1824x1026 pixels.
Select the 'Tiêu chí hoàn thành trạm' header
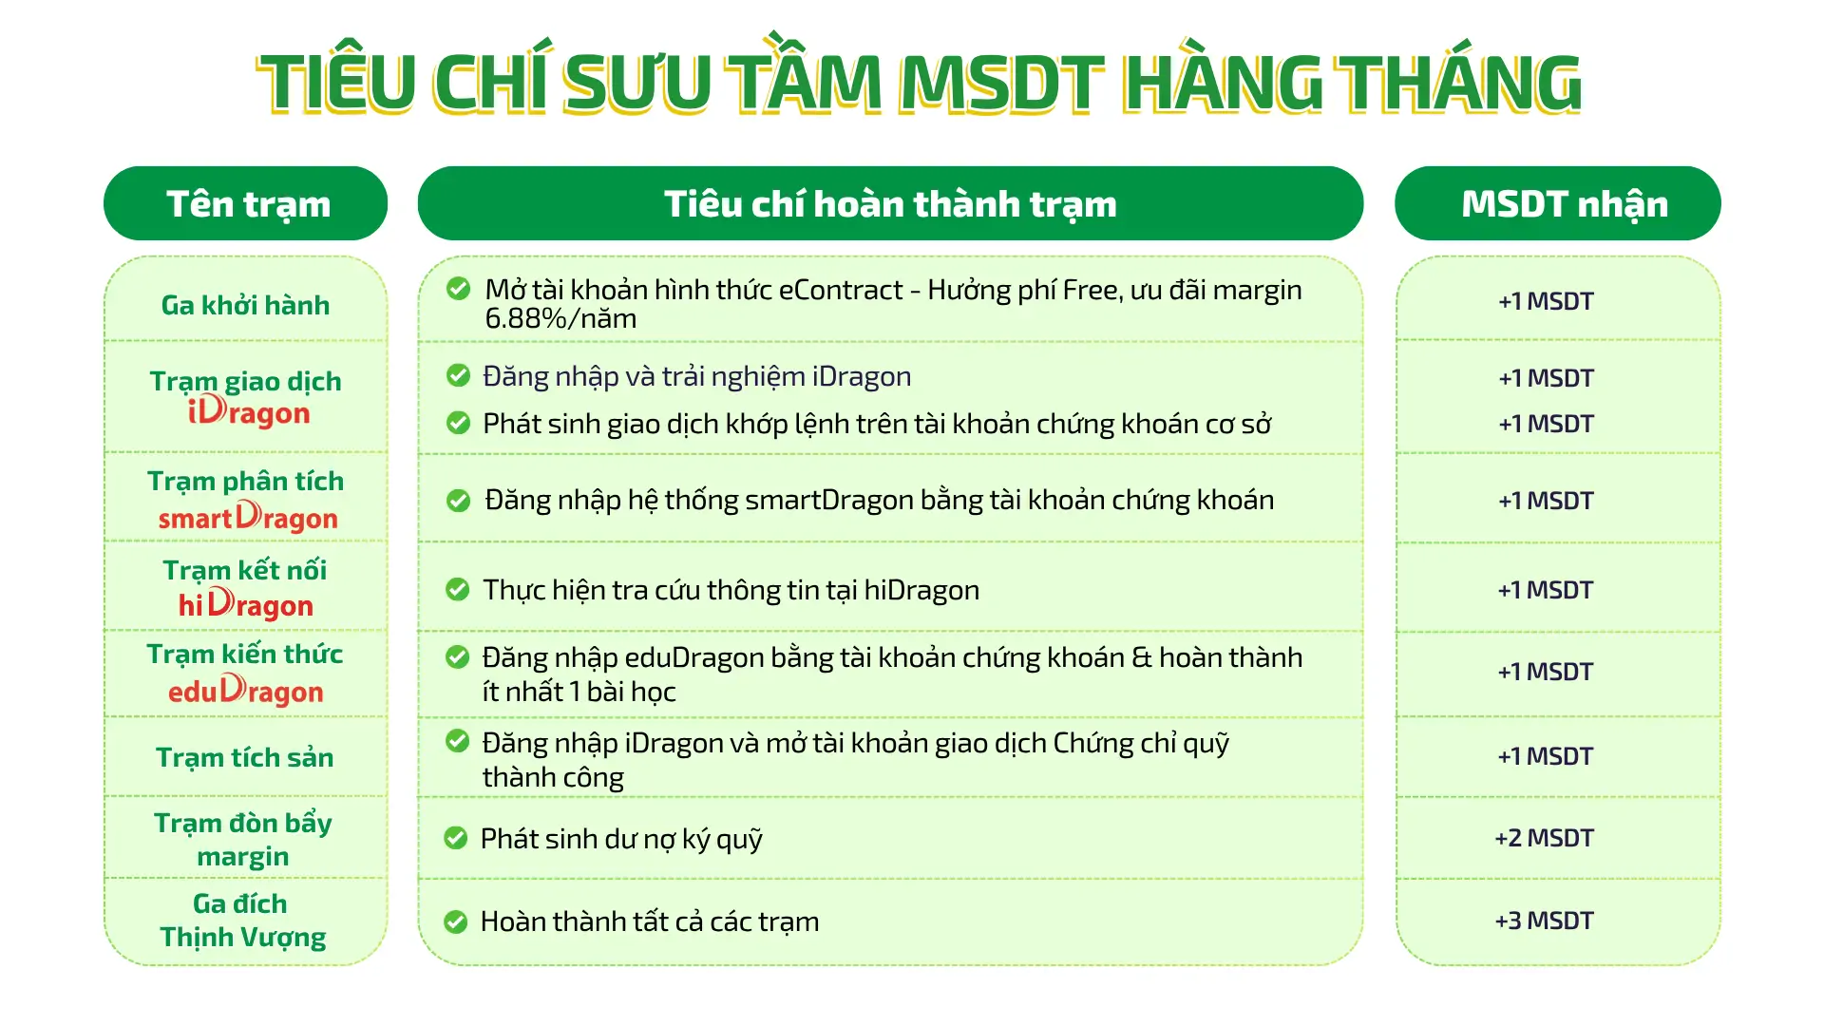pos(890,203)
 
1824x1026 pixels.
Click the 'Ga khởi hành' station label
pos(245,305)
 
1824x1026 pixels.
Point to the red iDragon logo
pos(249,411)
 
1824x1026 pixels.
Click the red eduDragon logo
pos(245,691)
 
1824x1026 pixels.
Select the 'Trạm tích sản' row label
pos(245,757)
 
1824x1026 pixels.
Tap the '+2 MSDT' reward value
pos(1545,838)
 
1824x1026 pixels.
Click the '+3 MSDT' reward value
pos(1545,921)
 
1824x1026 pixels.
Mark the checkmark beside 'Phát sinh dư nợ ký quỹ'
pos(456,838)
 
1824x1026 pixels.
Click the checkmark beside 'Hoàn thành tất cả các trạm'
pos(456,921)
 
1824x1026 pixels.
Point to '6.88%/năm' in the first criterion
pos(560,319)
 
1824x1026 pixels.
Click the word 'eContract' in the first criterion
pos(841,290)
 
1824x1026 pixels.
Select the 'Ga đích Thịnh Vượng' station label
pos(243,920)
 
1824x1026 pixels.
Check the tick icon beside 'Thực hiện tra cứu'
pos(458,590)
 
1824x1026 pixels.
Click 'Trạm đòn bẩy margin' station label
pos(243,839)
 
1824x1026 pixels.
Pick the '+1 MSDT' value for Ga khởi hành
pos(1546,301)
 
